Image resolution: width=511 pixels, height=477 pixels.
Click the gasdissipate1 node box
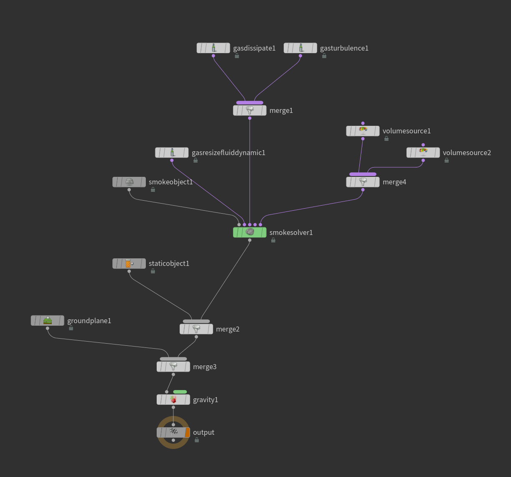[213, 48]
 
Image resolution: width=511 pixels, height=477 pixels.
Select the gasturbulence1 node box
[300, 48]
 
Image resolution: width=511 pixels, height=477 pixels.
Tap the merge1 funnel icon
[250, 110]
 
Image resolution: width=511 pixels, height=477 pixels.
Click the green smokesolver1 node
[249, 232]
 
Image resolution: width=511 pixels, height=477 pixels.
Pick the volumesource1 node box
[363, 131]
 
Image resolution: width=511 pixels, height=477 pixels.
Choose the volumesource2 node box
[423, 153]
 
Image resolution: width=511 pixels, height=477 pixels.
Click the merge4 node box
[363, 182]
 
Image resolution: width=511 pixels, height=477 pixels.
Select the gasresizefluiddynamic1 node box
[172, 153]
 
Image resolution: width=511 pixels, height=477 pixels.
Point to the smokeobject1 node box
[129, 182]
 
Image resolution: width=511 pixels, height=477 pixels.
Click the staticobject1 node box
[129, 263]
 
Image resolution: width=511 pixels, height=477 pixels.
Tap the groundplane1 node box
[48, 321]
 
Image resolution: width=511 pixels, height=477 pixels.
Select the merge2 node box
[196, 329]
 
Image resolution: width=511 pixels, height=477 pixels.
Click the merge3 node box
[173, 367]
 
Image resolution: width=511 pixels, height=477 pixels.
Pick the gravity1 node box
[173, 400]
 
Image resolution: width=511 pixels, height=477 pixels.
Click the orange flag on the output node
[188, 432]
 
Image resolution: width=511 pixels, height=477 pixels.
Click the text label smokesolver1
[291, 232]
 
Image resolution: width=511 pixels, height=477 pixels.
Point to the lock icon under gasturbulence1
[324, 56]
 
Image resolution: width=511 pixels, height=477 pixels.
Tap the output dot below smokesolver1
[250, 240]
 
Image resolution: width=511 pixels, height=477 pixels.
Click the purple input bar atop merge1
[249, 102]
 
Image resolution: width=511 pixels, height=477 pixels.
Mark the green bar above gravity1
[180, 392]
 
